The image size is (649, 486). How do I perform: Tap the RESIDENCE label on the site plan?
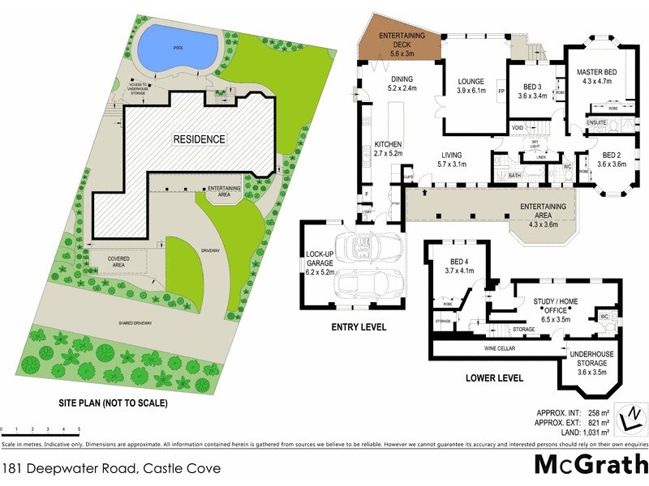coord(198,139)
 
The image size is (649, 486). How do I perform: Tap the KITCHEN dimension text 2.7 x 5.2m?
coord(389,153)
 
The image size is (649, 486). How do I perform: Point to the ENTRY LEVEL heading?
coord(359,328)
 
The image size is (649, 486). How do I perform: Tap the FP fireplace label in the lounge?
coord(501,92)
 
